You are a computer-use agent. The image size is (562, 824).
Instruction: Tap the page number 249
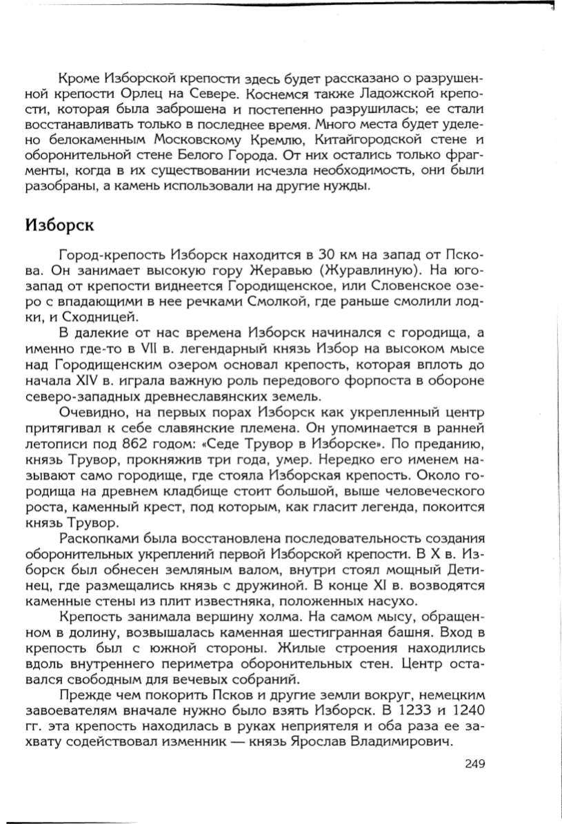[476, 763]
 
